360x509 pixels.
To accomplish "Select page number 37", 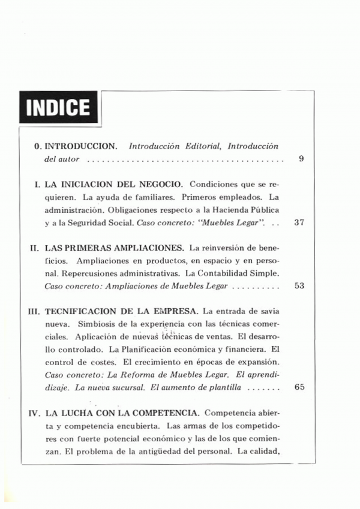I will pos(300,222).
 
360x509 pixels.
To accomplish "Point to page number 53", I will pos(300,285).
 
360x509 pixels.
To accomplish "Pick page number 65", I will pos(300,387).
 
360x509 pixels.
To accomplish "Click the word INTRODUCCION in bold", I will pos(82,146).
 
